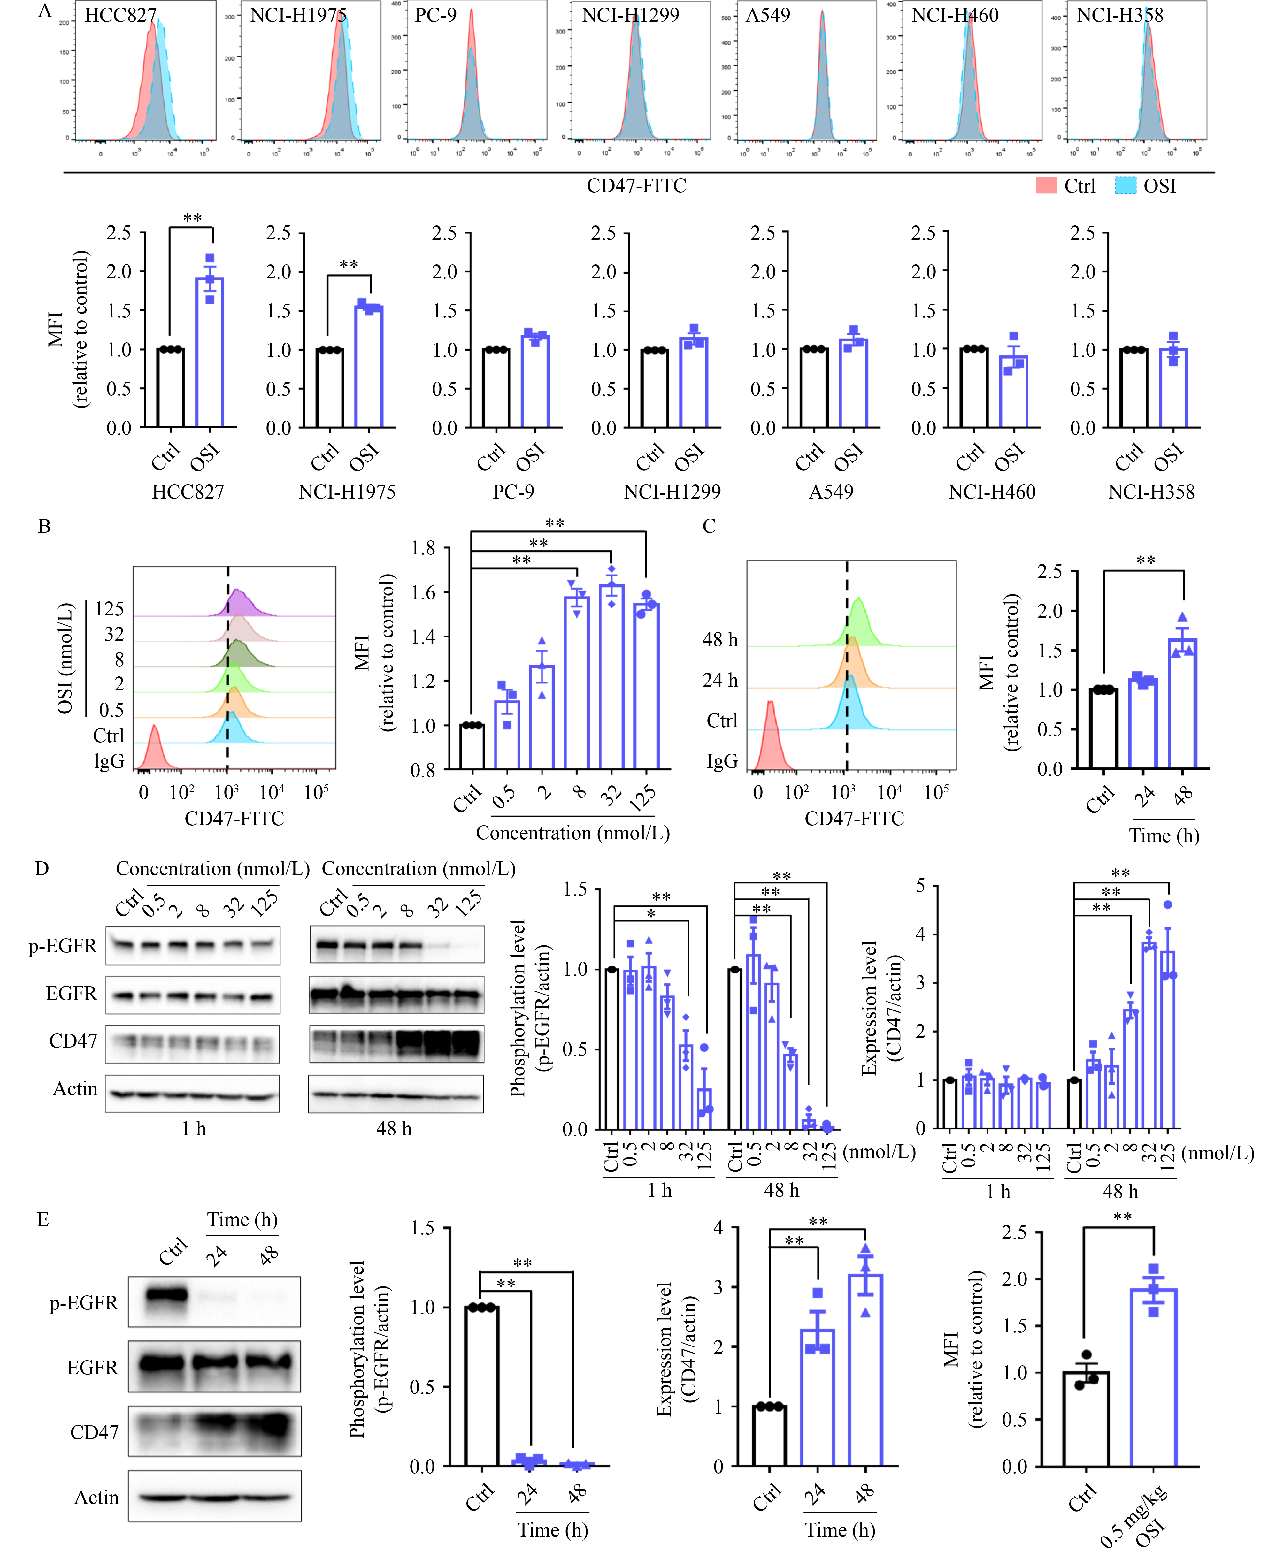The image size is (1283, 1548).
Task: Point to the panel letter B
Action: coord(44,526)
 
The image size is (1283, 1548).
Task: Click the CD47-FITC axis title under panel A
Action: coord(636,186)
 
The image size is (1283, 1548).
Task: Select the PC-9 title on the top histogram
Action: coord(436,15)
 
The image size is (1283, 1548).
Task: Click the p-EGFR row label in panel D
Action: coord(63,946)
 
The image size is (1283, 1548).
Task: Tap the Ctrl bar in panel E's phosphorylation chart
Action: coord(481,1386)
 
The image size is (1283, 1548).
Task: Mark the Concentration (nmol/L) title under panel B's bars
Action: coord(573,833)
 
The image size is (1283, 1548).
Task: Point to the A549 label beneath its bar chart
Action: coord(831,492)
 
